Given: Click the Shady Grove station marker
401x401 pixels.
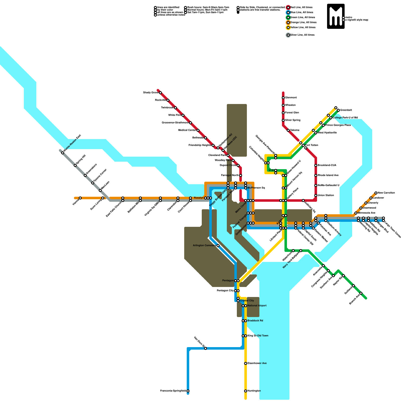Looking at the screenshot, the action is pos(160,93).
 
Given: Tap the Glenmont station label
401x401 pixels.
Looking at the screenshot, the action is pos(291,98).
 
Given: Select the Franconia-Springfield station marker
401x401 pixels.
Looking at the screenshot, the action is pos(188,391).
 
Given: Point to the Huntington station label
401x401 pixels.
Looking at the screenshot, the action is pos(254,391).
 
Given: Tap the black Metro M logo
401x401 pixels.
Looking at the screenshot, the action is pos(336,16).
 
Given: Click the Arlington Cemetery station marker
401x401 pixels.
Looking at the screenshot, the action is pos(218,246).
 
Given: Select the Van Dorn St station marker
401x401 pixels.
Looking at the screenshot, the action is pos(206,348).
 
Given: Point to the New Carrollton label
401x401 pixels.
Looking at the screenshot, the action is pos(386,193).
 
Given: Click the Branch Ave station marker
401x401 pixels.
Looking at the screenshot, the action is pos(361,293).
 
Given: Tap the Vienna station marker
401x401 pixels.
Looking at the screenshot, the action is pos(80,198).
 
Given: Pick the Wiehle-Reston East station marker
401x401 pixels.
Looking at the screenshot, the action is pos(63,153).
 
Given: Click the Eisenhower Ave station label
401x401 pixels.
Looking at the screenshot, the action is pos(257,363).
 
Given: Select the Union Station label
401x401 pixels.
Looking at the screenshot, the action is pos(326,195).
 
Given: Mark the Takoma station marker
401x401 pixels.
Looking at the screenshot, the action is pos(288,130).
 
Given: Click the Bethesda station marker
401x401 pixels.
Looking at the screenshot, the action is pos(206,138).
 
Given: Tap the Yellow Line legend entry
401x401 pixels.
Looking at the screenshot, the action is pos(303,28).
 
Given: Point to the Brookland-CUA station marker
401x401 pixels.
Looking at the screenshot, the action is pos(316,165).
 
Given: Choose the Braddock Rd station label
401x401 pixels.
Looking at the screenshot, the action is pos(255,321).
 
